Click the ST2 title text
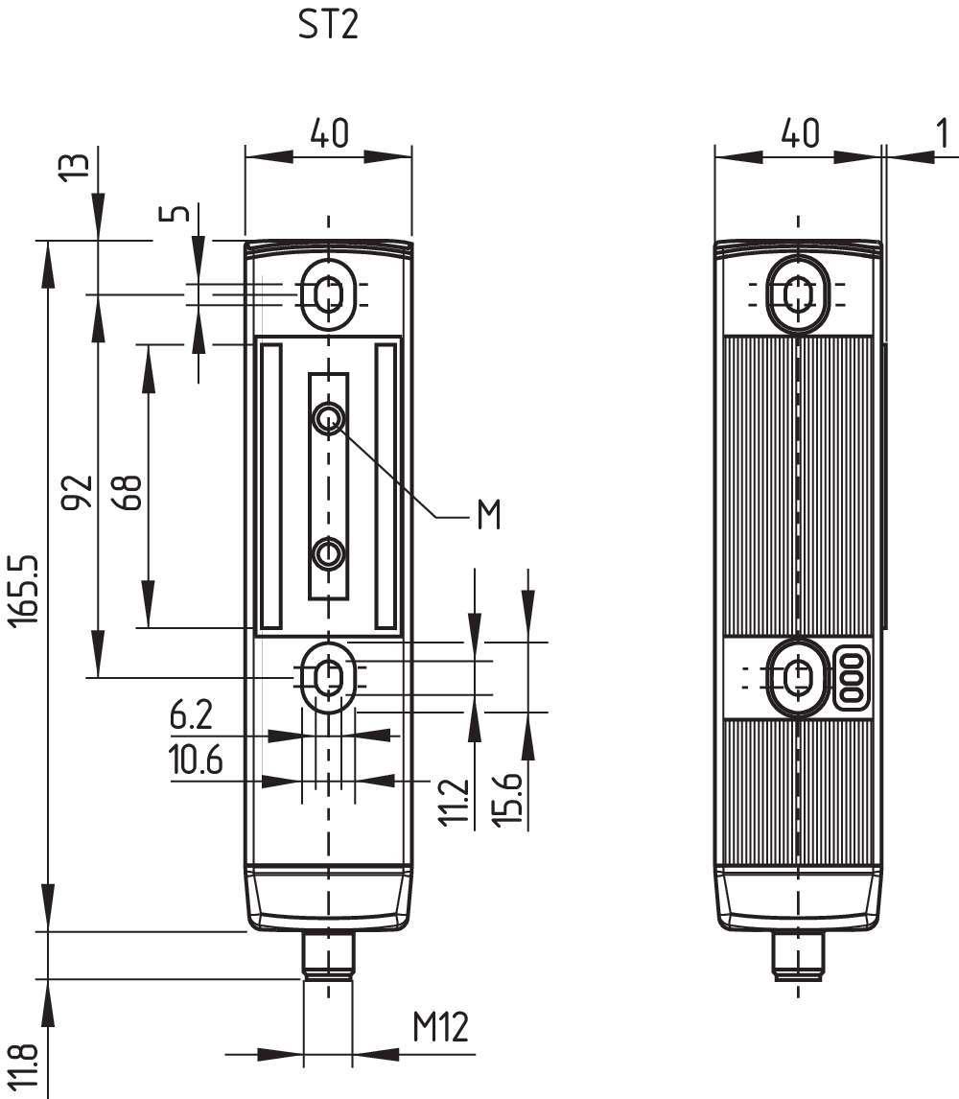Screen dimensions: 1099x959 tap(328, 26)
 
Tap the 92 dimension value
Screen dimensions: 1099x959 tap(80, 491)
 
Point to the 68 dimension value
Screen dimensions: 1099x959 tap(130, 491)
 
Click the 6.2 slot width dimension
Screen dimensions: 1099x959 tap(191, 715)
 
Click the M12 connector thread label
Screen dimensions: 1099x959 tap(440, 1028)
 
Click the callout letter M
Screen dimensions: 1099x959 tap(488, 515)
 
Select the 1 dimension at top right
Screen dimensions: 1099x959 tap(947, 134)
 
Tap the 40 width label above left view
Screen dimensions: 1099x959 tap(328, 133)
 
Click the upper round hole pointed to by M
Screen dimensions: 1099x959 tap(329, 416)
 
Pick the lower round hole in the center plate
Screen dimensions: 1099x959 tap(329, 552)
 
